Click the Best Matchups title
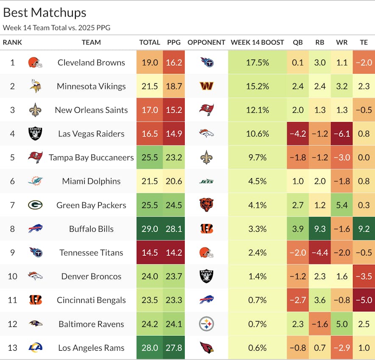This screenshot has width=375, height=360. [44, 13]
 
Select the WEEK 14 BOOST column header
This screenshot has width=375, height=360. [257, 42]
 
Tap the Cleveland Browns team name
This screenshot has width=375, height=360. [91, 63]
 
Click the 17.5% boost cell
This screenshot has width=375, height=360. [257, 63]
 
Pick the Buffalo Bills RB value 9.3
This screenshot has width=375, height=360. [320, 229]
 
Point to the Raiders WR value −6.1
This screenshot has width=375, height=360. [342, 134]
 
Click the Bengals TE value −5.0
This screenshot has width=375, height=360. [364, 300]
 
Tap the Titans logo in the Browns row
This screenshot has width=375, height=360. [206, 63]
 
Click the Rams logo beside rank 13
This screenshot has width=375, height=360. [35, 348]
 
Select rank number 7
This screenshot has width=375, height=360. [12, 205]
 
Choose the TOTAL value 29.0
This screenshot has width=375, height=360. [150, 229]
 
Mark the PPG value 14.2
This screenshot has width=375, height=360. [174, 252]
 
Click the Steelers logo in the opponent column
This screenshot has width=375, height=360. [206, 324]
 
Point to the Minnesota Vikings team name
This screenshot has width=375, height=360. [91, 86]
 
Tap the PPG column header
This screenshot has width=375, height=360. [174, 42]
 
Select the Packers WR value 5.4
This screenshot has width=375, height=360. [342, 205]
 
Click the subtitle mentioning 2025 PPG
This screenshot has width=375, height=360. [56, 28]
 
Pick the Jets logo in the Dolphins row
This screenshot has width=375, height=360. [206, 181]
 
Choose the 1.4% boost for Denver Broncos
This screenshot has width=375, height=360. [257, 276]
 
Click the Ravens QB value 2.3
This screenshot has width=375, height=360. [298, 324]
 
